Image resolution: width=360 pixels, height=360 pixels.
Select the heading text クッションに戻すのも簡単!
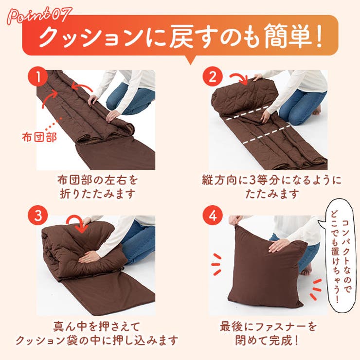click(180, 38)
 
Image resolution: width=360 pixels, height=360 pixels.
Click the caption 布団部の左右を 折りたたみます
click(95, 186)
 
